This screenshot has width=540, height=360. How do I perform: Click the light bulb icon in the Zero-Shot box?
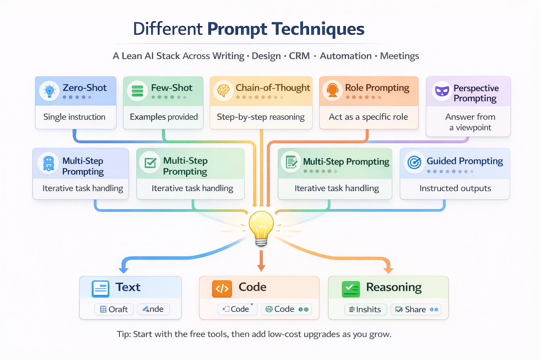[49, 91]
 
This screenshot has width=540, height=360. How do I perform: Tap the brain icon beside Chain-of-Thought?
[223, 91]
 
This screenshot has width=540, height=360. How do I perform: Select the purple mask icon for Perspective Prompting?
[442, 91]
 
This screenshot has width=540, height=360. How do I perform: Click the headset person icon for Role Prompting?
[332, 90]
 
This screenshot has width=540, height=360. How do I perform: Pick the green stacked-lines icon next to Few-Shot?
[137, 91]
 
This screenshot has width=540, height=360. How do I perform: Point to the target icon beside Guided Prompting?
[414, 162]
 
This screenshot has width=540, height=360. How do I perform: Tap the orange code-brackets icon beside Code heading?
[222, 289]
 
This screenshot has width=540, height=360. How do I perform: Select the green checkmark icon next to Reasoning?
[351, 289]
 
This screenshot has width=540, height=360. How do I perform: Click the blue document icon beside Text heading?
[101, 289]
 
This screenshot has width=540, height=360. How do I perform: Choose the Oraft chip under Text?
[114, 309]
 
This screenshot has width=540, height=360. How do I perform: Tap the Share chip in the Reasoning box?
[416, 309]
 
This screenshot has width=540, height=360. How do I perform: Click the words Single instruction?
[74, 117]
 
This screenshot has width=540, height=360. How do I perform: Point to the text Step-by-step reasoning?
[261, 117]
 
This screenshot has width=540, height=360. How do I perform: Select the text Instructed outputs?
[455, 188]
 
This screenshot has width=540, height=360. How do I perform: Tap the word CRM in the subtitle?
[299, 56]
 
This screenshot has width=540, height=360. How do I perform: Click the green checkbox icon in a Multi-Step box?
[150, 163]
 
